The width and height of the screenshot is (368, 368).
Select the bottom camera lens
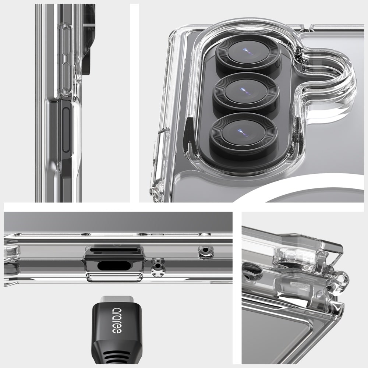(x=243, y=135)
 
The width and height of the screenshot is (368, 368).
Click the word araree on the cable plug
(x=117, y=320)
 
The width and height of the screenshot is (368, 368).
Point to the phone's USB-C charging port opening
(x=114, y=266)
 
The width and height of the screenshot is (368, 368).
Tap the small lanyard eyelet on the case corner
(x=338, y=283)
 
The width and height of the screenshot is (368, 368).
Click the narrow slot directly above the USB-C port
(x=114, y=250)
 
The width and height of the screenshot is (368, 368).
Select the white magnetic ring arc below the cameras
(x=301, y=185)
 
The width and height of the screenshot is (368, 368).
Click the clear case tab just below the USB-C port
(x=114, y=277)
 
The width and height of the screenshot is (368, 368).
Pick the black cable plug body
(x=117, y=323)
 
